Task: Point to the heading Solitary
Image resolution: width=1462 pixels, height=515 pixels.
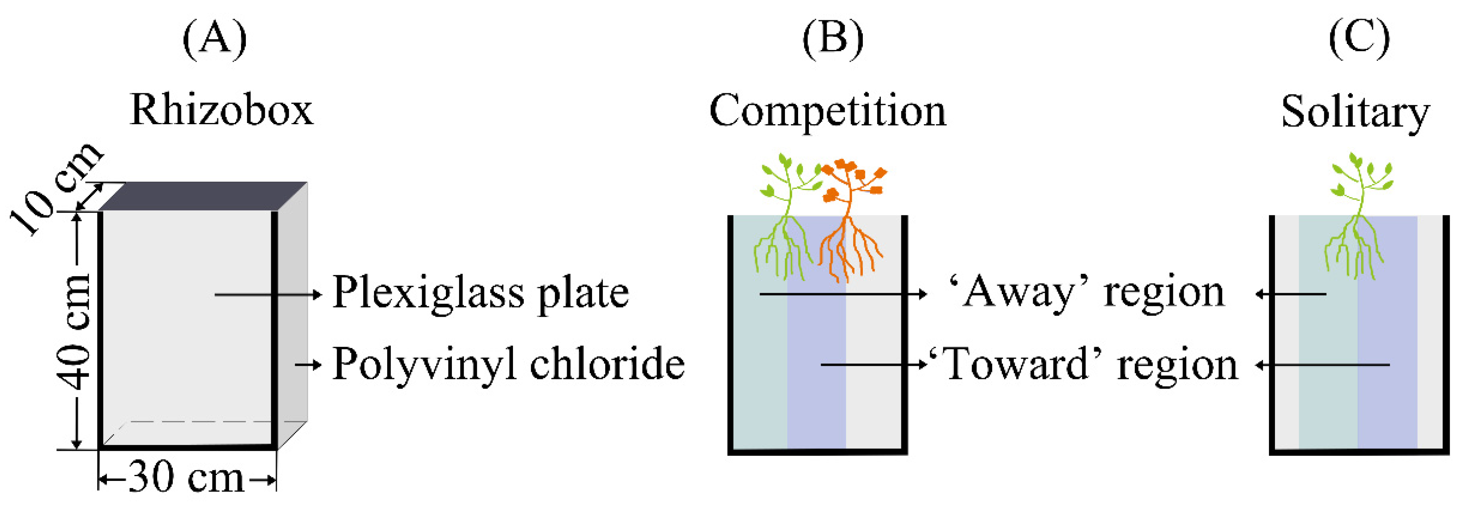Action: (1355, 112)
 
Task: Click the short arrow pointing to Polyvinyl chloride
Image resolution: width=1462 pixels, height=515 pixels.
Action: (308, 365)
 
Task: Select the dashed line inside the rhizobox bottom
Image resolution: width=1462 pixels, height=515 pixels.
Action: (204, 422)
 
